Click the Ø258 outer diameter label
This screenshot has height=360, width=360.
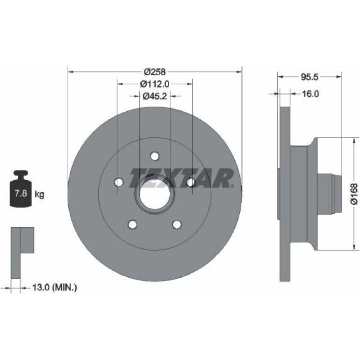[x=155, y=72]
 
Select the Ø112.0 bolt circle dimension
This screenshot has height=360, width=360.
[x=155, y=84]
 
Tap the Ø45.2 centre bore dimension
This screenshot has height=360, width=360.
[x=155, y=96]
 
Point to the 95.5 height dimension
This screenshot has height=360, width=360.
[x=310, y=77]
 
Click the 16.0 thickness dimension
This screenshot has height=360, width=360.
[x=310, y=94]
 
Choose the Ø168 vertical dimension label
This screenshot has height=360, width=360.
[x=354, y=194]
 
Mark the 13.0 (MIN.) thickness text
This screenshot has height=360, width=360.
[x=55, y=287]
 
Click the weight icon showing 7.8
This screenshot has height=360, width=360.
[x=21, y=188]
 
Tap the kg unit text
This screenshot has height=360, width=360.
[x=39, y=194]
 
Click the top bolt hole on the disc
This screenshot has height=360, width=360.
[x=155, y=156]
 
